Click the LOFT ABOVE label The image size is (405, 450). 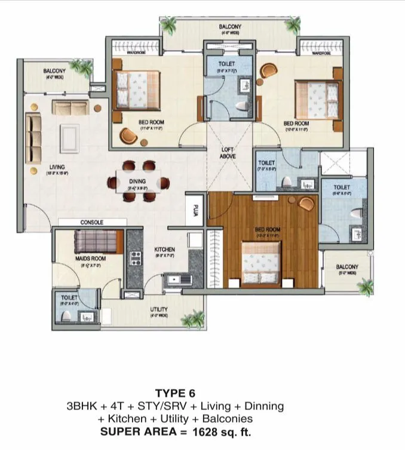pos(228,152)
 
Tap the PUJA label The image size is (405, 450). pos(194,210)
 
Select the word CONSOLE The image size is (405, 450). pos(92,222)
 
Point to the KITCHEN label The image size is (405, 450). pos(164,249)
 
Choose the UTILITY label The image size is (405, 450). pos(158,309)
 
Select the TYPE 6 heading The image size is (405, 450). pos(175,393)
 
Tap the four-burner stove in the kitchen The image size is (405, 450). pos(136,258)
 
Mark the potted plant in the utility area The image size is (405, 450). pos(192,320)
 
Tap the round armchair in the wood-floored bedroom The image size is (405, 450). pos(306,204)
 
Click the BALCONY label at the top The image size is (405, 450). pos(230,27)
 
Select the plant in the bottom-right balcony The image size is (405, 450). pos(365,286)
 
